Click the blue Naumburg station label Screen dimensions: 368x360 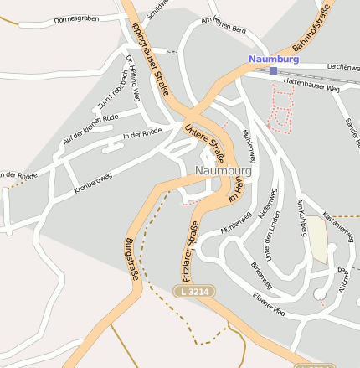click(273, 60)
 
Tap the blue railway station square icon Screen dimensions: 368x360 click(274, 71)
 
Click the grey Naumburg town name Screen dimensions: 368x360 click(220, 169)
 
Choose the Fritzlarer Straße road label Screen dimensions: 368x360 click(188, 249)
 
